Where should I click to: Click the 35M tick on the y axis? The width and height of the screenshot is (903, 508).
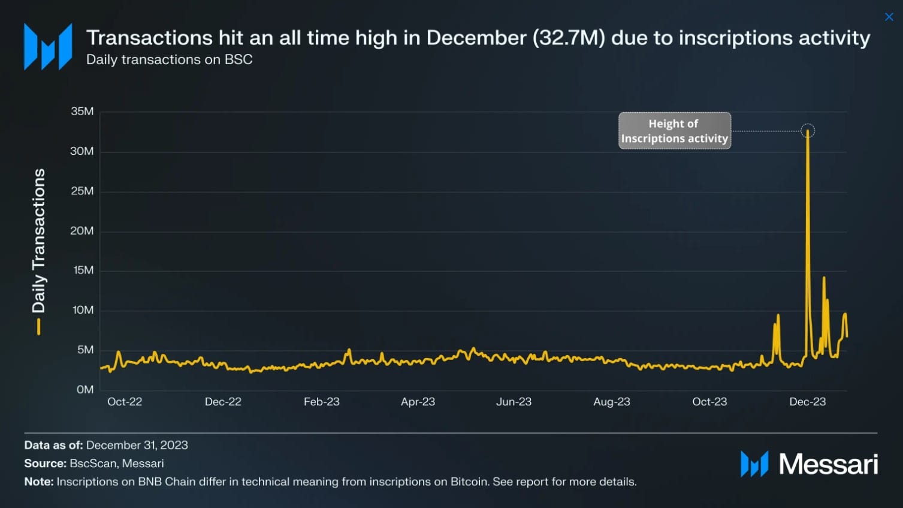click(x=82, y=112)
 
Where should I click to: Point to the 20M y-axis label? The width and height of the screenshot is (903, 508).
click(x=82, y=231)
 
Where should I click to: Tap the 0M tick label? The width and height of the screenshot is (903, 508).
click(x=85, y=390)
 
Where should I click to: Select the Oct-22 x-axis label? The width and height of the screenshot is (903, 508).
click(x=125, y=402)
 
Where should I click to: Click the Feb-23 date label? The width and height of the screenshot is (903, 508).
click(x=321, y=402)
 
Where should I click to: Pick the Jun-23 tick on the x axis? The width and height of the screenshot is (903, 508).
click(x=514, y=402)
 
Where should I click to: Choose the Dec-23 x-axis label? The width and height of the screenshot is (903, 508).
click(x=807, y=402)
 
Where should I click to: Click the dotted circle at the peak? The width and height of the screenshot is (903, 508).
click(x=808, y=131)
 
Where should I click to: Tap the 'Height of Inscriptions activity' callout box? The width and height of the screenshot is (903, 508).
click(x=674, y=131)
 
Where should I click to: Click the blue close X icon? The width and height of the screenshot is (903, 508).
click(x=889, y=17)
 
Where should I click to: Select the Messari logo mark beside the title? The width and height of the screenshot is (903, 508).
click(x=48, y=47)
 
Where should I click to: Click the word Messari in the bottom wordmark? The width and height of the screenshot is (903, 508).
click(x=828, y=464)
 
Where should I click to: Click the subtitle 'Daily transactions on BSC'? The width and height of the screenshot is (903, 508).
click(x=170, y=60)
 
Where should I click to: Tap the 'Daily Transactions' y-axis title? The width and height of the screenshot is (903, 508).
click(x=39, y=240)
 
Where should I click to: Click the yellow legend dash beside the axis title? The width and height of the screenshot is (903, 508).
click(x=39, y=326)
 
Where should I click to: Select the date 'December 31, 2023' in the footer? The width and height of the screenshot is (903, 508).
click(x=137, y=445)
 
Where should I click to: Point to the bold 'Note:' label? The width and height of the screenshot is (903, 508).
click(x=39, y=482)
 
